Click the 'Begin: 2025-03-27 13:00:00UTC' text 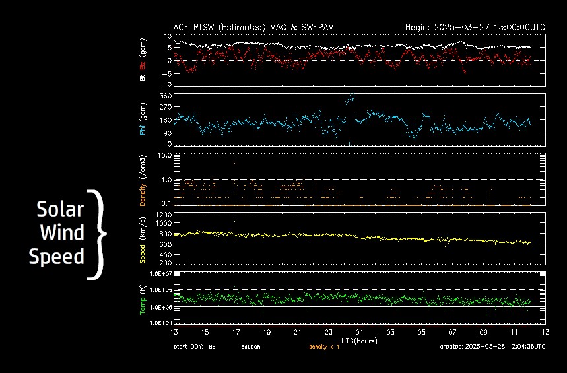475,28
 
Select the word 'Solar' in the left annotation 60,210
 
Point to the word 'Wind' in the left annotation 63,233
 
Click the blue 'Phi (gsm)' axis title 143,119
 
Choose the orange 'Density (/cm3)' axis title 143,179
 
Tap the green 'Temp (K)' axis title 143,298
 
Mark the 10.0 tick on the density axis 162,155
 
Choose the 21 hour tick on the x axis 297,332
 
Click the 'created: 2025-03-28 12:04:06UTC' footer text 492,346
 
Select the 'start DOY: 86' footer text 194,346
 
